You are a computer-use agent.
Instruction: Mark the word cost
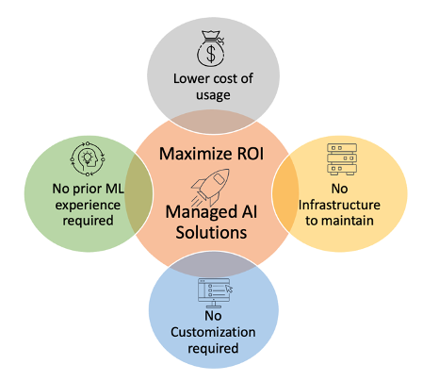pyautogui.click(x=220, y=78)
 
